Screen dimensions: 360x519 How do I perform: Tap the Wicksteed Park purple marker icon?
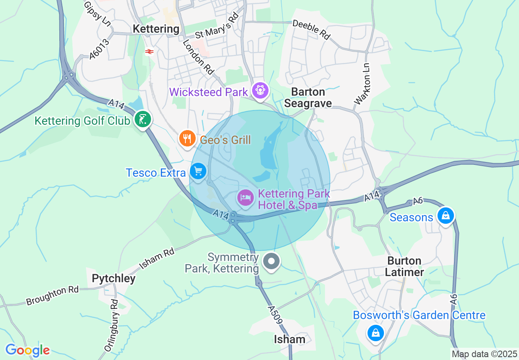(260, 90)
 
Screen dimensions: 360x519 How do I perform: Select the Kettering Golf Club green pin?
(143, 120)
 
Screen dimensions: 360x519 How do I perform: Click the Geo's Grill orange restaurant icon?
(187, 139)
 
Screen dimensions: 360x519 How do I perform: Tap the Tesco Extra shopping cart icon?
(198, 171)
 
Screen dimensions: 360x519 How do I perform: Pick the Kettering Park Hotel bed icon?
(246, 198)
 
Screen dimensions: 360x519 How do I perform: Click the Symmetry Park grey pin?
(271, 261)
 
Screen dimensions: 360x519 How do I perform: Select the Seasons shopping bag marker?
(445, 215)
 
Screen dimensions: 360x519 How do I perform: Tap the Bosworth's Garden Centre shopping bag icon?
(375, 332)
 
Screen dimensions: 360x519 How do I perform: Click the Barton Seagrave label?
(308, 97)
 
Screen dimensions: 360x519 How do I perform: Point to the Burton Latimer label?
(404, 266)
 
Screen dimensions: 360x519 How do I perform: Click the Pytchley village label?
(113, 279)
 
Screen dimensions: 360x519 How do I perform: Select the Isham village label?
(290, 339)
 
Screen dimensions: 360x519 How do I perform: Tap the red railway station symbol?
(149, 52)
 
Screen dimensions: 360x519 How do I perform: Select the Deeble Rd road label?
(311, 29)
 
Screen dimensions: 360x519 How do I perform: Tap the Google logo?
(27, 351)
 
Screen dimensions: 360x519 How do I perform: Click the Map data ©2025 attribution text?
(484, 354)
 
